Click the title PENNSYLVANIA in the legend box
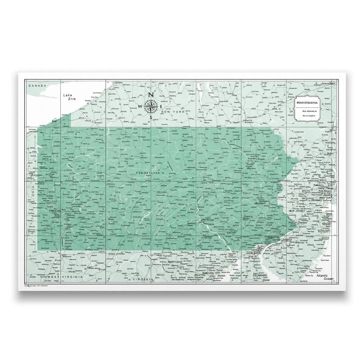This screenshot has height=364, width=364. [x=308, y=103]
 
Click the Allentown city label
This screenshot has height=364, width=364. [x=261, y=203]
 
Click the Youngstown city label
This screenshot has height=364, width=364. [x=36, y=175]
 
